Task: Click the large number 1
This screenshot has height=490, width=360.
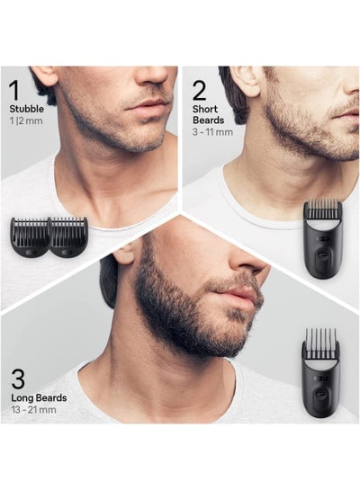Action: (14, 91)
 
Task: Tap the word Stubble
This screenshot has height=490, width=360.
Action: (27, 109)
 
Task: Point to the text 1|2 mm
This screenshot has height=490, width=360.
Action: (26, 121)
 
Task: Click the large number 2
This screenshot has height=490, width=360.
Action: (200, 91)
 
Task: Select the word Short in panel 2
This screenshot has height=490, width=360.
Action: (205, 109)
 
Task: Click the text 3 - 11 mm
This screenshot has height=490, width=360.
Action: (212, 132)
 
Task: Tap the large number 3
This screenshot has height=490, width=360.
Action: (18, 379)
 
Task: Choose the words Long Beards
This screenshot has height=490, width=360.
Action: (39, 397)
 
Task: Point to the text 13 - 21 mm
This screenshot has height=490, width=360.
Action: (34, 410)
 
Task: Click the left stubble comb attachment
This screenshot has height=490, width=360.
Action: (30, 237)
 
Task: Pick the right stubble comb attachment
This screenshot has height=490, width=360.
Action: (68, 237)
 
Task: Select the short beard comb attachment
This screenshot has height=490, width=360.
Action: (323, 239)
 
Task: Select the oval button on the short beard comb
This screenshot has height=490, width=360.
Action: (322, 255)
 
